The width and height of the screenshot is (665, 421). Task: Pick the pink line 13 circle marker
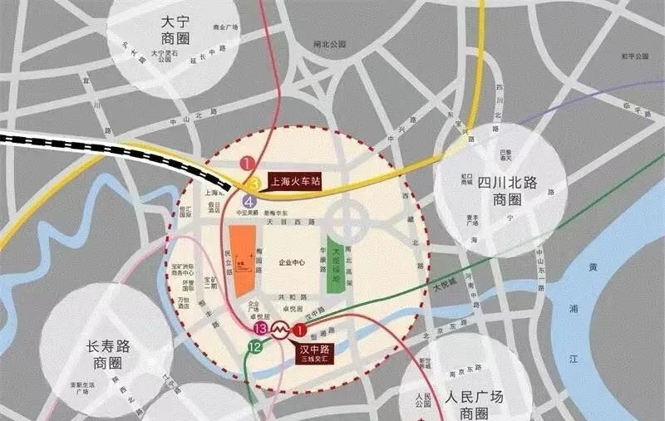(261, 330)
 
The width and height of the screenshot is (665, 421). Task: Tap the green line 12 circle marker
(255, 348)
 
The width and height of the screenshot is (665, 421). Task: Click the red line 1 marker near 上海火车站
(247, 164)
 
